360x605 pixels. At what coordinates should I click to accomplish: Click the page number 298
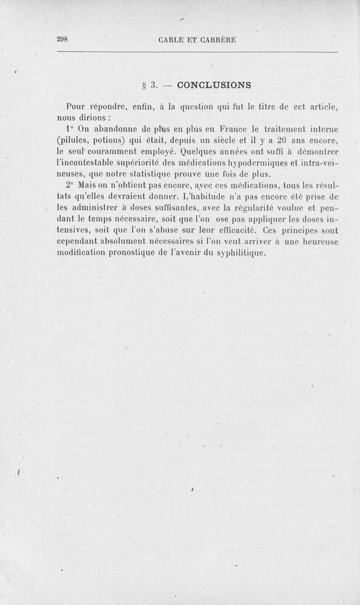[62, 39]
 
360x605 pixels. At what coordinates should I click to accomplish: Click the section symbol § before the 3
[143, 85]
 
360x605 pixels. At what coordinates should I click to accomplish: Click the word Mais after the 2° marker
[87, 185]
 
